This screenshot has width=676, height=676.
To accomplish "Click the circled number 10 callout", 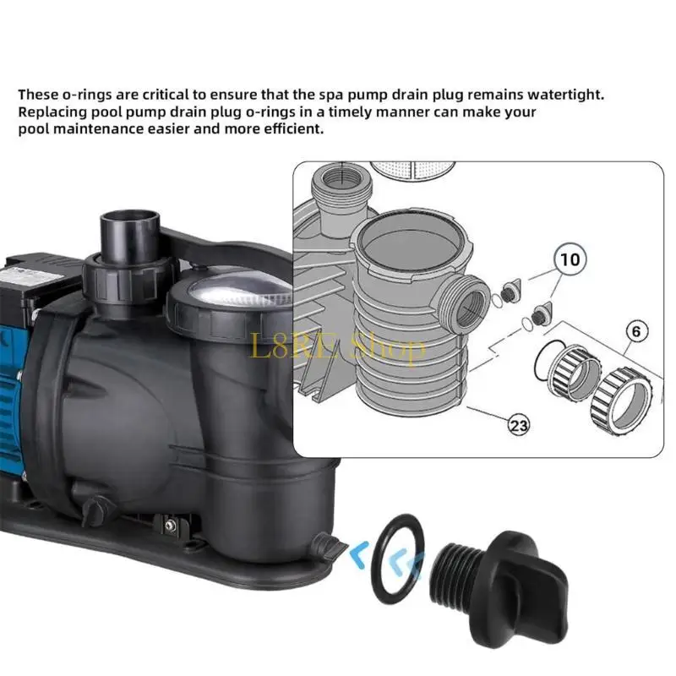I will [570, 259].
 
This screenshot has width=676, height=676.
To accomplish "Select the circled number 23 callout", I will [518, 426].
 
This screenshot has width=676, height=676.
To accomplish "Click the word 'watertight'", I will [561, 95].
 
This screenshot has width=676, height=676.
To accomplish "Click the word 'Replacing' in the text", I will [50, 112].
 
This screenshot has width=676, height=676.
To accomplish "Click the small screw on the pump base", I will [170, 526].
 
